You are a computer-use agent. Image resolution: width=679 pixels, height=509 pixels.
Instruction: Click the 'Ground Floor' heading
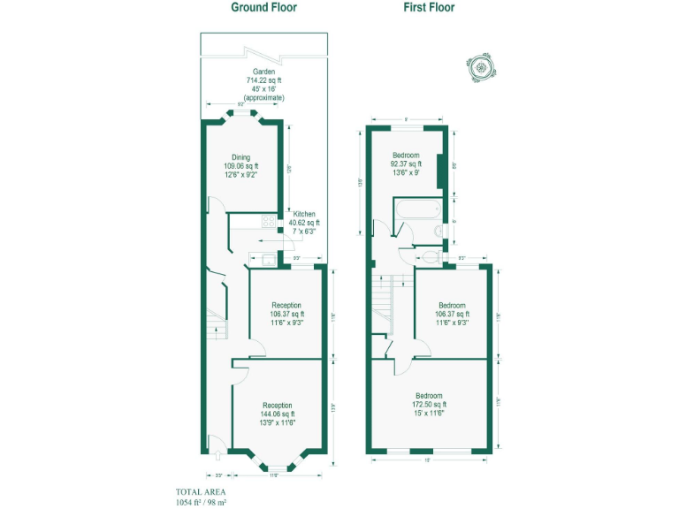tap(263, 7)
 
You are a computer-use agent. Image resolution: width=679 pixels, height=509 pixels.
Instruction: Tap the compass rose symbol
tap(482, 65)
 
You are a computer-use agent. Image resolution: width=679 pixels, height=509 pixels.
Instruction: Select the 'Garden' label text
tap(263, 71)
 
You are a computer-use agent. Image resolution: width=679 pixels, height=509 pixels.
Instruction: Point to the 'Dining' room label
tap(240, 158)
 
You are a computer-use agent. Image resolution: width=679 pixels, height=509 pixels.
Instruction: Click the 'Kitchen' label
tap(304, 214)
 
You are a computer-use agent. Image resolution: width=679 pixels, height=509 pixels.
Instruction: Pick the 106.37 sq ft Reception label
tap(286, 305)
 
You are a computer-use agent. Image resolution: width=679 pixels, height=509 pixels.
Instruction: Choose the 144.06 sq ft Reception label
tap(278, 406)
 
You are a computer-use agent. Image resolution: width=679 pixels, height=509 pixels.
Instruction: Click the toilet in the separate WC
tap(431, 257)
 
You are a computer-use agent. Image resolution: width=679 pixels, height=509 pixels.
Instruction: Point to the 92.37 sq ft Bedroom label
tap(406, 156)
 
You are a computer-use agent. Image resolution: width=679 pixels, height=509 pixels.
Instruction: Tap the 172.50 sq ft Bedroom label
tap(429, 396)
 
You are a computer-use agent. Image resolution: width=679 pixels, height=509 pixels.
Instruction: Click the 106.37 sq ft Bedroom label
tap(452, 305)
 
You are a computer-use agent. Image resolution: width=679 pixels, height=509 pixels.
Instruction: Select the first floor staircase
tap(382, 305)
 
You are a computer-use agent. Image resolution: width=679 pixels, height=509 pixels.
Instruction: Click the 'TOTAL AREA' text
tap(200, 491)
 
